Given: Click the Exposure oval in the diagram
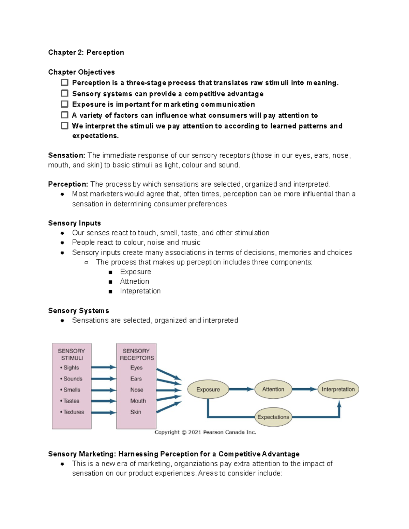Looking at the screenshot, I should click(x=208, y=389).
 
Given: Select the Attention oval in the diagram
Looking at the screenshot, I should click(x=273, y=389).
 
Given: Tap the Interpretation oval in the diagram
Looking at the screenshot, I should click(x=338, y=389).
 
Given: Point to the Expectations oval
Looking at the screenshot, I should click(x=273, y=417).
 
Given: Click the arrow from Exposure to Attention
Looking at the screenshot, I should click(x=241, y=389).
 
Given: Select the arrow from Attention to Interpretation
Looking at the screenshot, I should click(x=305, y=389).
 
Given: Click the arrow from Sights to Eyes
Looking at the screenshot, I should click(x=104, y=367).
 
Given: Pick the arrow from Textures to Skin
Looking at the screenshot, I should click(x=104, y=413).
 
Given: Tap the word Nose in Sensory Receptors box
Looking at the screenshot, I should click(x=136, y=390).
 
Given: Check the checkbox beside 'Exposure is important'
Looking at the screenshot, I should click(x=64, y=104).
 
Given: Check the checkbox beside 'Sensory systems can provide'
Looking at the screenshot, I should click(x=64, y=93).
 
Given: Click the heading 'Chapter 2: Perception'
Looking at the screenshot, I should click(x=86, y=52).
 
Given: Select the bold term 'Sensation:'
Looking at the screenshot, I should click(x=66, y=155).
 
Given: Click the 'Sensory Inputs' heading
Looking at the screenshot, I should click(x=74, y=223).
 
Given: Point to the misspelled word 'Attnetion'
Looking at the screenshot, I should click(x=134, y=281).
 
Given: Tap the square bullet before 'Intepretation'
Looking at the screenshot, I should click(x=110, y=292).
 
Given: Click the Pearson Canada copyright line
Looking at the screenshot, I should click(x=205, y=432).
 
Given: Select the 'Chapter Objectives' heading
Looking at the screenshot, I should click(x=81, y=72).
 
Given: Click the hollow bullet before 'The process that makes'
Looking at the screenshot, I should click(x=86, y=262).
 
